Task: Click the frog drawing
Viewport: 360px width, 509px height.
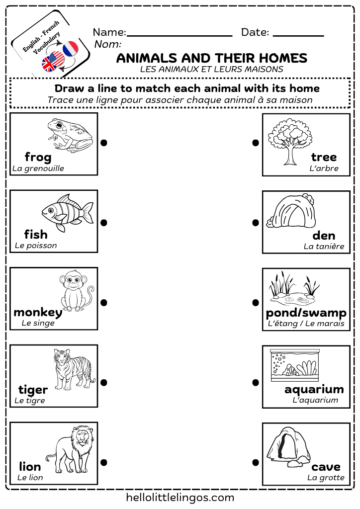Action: (x=69, y=134)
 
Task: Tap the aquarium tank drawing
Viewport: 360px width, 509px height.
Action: (x=293, y=365)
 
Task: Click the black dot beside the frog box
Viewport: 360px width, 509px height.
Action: (x=104, y=143)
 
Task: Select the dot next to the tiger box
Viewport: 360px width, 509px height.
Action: (x=104, y=382)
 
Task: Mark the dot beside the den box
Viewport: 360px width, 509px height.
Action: (x=256, y=222)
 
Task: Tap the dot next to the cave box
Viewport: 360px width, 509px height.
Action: (x=256, y=462)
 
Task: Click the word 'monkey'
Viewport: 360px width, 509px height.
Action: (x=38, y=312)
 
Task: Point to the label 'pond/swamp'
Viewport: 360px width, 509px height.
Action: (x=306, y=313)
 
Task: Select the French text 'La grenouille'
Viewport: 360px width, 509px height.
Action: (x=38, y=168)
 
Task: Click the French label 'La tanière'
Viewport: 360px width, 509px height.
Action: (x=324, y=246)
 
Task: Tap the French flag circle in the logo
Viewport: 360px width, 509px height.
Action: (x=71, y=48)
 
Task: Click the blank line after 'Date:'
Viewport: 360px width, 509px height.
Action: (x=298, y=35)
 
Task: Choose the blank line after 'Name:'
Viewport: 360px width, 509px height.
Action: (x=180, y=35)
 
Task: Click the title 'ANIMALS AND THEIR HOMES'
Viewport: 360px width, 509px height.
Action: (x=212, y=58)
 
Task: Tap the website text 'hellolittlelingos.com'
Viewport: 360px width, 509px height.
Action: (x=180, y=497)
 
